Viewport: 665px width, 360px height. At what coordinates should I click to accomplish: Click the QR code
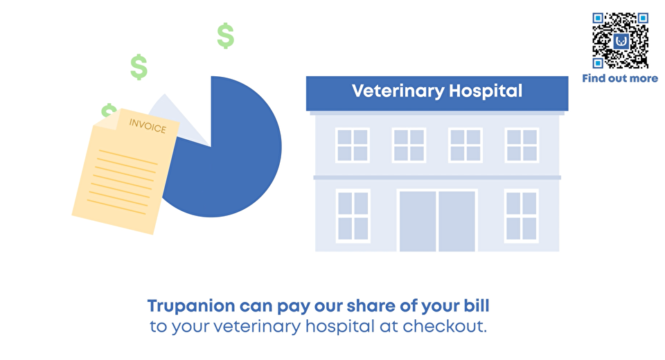point(620,41)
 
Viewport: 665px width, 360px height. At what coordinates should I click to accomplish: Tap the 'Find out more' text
point(620,78)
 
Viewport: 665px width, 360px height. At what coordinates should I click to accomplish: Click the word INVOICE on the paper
point(148,126)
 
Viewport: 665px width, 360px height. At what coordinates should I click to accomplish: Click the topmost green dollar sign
point(226,35)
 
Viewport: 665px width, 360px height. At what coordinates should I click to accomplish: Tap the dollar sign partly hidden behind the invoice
point(108,110)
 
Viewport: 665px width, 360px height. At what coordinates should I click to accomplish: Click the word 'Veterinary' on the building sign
point(398,91)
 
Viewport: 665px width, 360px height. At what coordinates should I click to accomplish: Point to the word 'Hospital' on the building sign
point(486,91)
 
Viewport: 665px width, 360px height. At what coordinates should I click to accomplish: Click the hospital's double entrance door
point(437,220)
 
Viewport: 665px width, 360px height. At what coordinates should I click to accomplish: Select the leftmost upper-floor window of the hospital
point(353,145)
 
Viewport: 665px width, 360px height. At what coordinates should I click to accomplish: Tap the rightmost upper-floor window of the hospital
point(522,145)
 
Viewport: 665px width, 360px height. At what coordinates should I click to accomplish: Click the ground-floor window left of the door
point(353,216)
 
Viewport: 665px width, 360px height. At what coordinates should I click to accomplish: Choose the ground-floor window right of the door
point(521,216)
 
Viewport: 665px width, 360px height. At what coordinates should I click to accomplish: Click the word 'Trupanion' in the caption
point(191,307)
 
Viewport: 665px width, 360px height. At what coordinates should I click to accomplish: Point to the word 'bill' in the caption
point(477,305)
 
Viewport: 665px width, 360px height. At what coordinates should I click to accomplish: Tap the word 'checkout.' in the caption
point(445,326)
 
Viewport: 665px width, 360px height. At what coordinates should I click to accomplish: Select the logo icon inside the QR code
point(621,41)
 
